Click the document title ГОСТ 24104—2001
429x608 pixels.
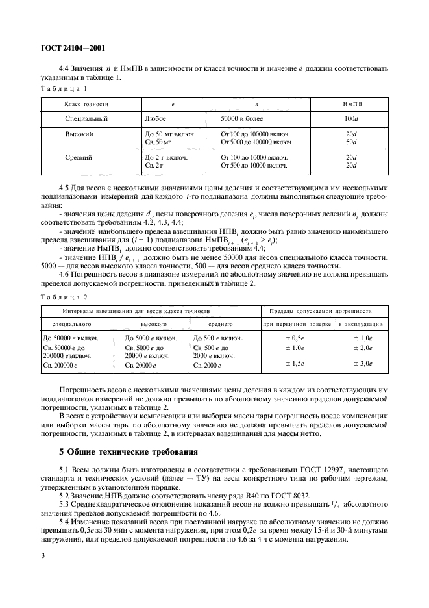pyautogui.click(x=73, y=48)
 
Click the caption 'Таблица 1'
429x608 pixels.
pyautogui.click(x=64, y=88)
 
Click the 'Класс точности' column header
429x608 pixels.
pyautogui.click(x=86, y=103)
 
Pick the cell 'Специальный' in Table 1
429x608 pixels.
pyautogui.click(x=86, y=119)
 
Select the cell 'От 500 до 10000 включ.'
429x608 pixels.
pyautogui.click(x=254, y=165)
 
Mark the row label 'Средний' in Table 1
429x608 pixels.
pyautogui.click(x=79, y=157)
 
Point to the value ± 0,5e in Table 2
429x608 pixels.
pyautogui.click(x=296, y=338)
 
